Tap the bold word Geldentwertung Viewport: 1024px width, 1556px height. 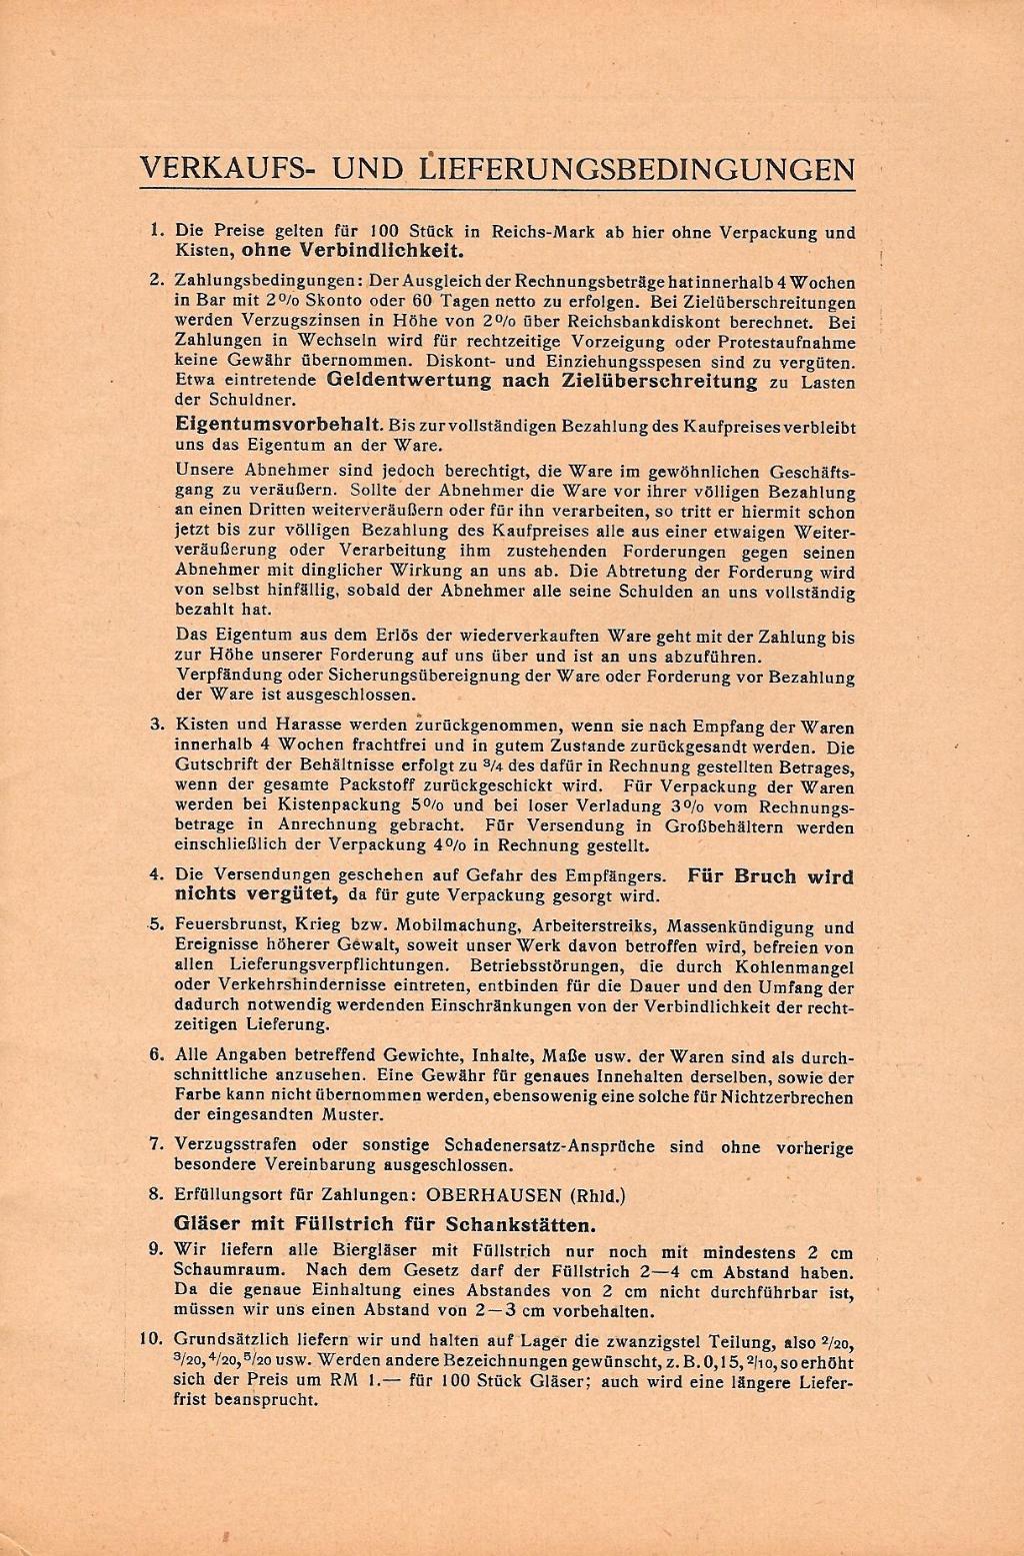tap(409, 381)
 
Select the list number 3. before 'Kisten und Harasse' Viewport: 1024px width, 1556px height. tap(157, 725)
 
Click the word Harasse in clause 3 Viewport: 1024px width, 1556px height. tap(286, 726)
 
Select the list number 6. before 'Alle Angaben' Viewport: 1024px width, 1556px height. tap(157, 1055)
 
